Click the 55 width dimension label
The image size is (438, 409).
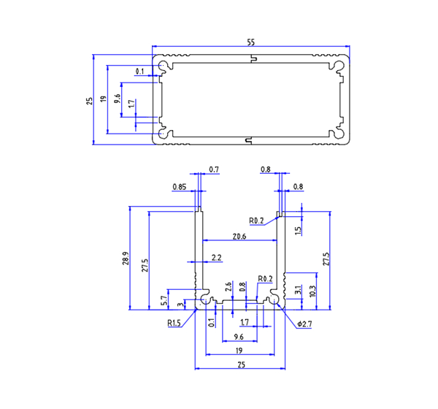[x=251, y=43]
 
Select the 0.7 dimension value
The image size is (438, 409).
[x=214, y=169]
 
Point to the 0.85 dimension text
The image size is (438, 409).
[x=180, y=187]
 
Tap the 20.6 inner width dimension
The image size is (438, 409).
[x=239, y=236]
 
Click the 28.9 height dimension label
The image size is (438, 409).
[x=126, y=259]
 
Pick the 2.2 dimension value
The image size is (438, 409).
[x=216, y=258]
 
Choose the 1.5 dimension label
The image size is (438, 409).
[x=298, y=230]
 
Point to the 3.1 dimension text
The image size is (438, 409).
[x=297, y=291]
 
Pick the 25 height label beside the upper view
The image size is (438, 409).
[x=88, y=100]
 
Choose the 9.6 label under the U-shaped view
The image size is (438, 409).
[x=238, y=337]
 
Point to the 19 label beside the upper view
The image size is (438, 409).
[x=103, y=100]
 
